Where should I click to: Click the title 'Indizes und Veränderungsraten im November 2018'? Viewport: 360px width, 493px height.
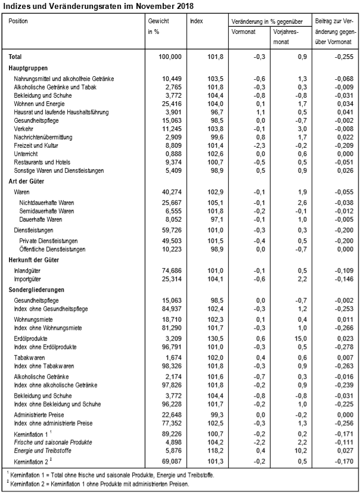pyautogui.click(x=98, y=5)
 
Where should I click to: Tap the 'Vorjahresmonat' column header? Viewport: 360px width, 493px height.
pyautogui.click(x=285, y=36)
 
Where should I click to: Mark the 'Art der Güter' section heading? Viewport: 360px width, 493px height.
pyautogui.click(x=28, y=181)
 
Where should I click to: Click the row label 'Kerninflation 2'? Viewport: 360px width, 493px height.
pyautogui.click(x=33, y=461)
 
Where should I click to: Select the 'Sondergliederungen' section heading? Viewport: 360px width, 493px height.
pyautogui.click(x=35, y=290)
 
